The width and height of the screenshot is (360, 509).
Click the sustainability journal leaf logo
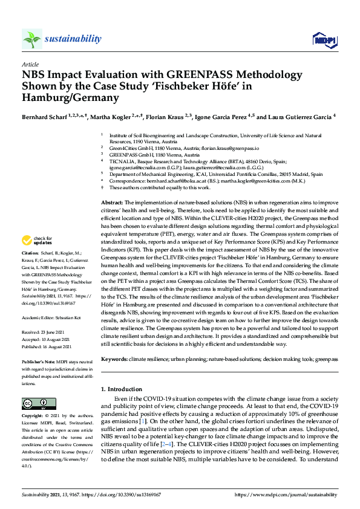point(31,39)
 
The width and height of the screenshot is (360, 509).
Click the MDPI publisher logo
point(324,40)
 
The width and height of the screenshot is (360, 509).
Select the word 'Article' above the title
point(30,64)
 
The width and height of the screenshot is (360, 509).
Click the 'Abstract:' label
point(112,185)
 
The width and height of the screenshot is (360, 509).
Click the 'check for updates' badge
point(37,275)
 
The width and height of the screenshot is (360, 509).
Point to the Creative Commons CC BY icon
point(38,403)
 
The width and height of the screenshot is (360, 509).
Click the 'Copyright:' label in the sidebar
point(33,417)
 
